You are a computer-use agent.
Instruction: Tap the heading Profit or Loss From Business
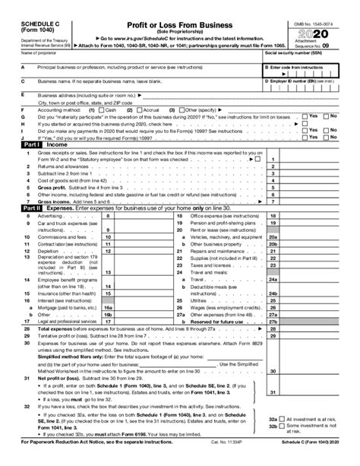(x=178, y=8)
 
